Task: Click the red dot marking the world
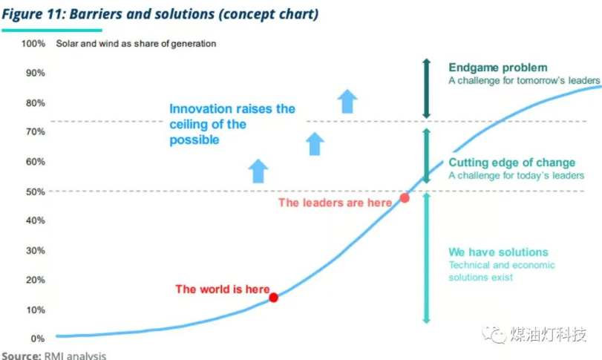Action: point(273,298)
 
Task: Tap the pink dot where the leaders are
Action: point(405,198)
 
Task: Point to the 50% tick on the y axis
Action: point(36,192)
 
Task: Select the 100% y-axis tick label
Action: point(33,44)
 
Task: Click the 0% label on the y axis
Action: point(38,338)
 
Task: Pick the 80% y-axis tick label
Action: point(36,103)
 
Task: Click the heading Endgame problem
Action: point(498,68)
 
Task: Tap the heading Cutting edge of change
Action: point(511,163)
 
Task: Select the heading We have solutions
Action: point(498,252)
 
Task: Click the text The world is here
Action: point(223,289)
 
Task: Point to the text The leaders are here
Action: point(336,203)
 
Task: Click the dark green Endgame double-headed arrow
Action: point(426,88)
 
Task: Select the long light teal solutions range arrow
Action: point(426,258)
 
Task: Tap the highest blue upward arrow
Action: point(347,102)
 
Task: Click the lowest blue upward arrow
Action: point(258,171)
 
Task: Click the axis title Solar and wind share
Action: point(136,44)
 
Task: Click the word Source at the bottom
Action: point(21,356)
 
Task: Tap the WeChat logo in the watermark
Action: point(494,335)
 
